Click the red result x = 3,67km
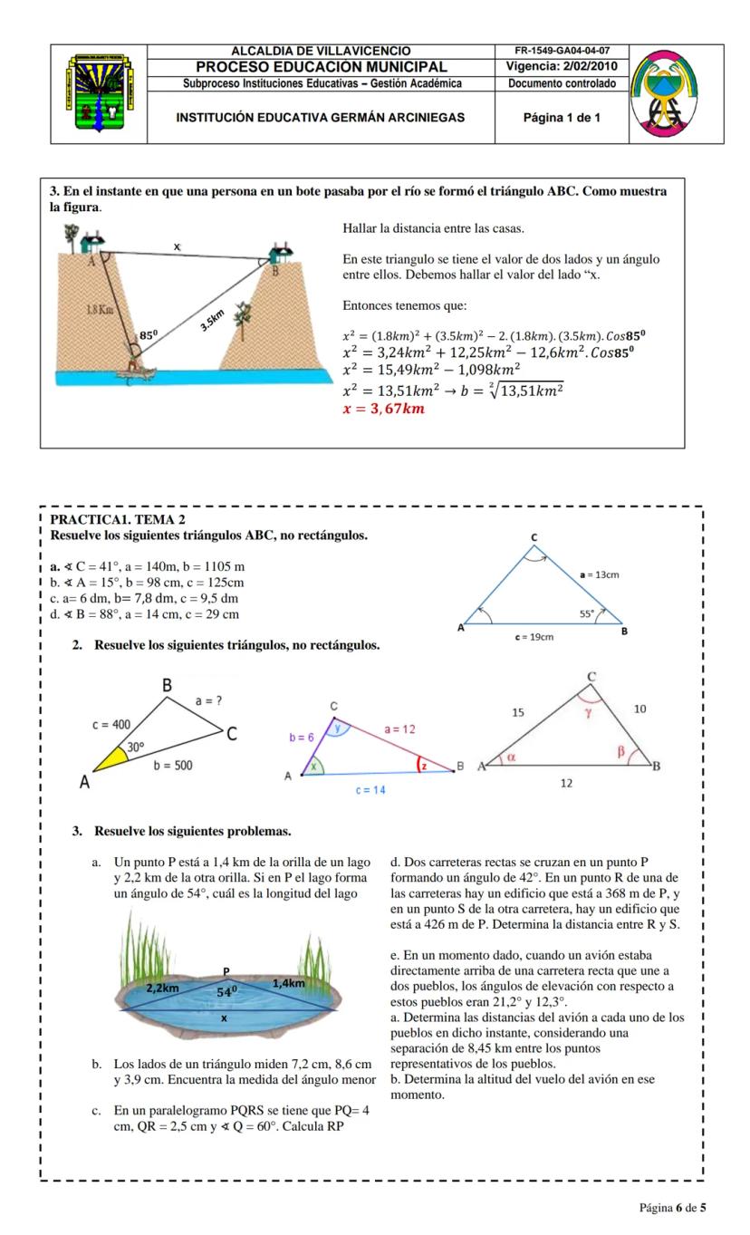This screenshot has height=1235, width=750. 383,409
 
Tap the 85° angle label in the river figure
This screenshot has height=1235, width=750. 148,335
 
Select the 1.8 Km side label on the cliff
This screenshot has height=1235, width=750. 100,310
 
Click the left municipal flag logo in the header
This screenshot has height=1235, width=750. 99,93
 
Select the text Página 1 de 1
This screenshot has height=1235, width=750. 562,118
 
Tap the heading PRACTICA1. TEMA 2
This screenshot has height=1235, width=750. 118,519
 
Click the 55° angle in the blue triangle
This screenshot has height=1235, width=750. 588,613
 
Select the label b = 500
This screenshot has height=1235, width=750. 172,766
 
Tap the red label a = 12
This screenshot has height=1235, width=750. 399,728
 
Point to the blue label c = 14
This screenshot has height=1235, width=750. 370,790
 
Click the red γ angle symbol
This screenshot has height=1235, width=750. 587,713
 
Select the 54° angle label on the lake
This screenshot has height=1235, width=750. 227,991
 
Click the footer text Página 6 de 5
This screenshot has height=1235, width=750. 672,1207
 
